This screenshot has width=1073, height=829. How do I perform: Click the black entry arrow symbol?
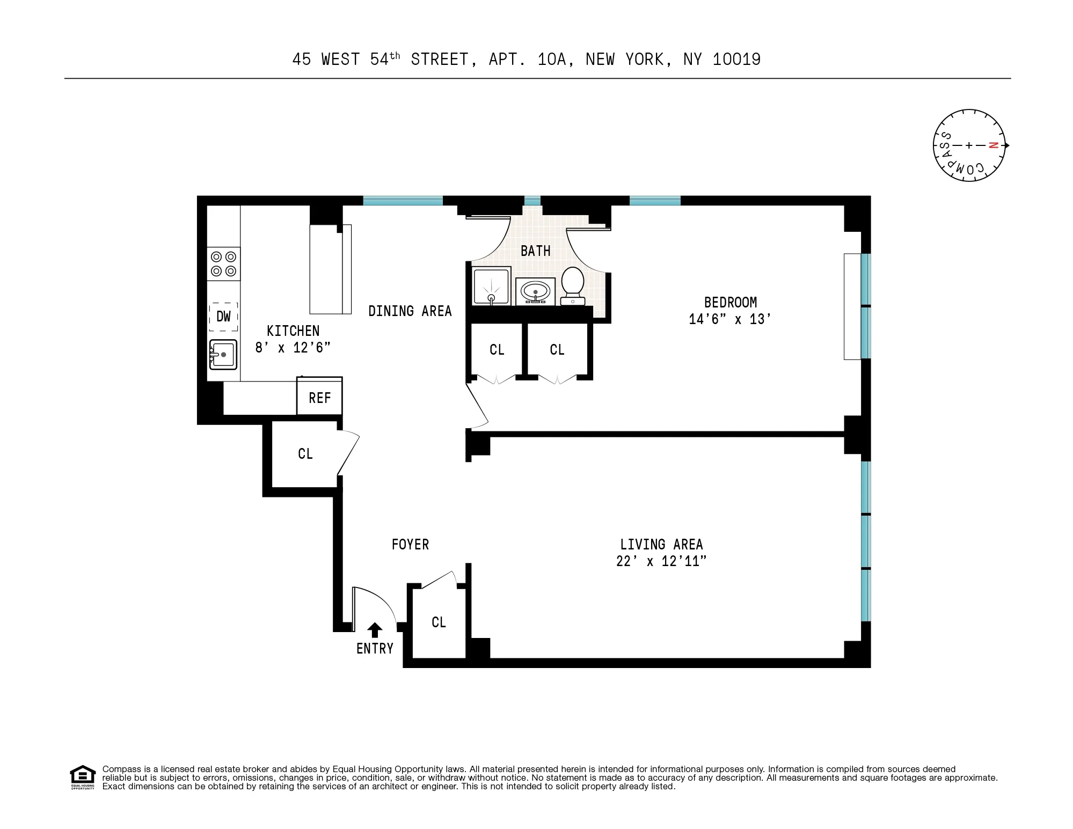point(375,630)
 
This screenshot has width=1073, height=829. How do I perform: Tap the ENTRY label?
point(375,649)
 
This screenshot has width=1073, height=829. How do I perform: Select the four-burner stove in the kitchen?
point(223,264)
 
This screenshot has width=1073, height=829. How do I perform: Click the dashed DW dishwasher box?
point(223,317)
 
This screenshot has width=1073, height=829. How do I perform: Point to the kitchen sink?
point(223,355)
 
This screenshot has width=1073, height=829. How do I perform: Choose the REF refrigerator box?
point(319,398)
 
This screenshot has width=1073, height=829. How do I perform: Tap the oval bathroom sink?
point(535,292)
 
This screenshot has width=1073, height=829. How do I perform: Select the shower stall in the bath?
point(491,287)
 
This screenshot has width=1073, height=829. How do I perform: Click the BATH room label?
point(535,251)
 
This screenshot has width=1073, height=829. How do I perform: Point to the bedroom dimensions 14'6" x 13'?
point(730,319)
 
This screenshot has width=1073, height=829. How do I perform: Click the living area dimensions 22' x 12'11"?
point(661,561)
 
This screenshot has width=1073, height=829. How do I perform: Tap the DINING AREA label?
point(410,311)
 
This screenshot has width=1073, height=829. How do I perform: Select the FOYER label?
point(410,545)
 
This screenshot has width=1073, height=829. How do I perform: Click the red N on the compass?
point(994,145)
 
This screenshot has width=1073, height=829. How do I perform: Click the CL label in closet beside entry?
point(439,622)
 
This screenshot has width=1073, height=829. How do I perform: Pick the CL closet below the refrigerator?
point(305,454)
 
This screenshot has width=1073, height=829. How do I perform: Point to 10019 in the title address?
point(736,60)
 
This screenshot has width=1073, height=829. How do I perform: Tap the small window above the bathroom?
point(532,201)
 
